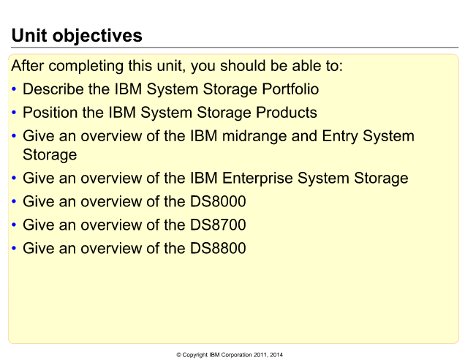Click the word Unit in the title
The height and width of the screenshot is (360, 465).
29,36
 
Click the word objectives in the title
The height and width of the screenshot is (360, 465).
97,37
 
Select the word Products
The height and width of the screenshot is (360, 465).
287,113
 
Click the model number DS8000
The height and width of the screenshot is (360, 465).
218,201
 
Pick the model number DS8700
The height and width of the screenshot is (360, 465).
218,225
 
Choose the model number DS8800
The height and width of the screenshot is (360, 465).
218,248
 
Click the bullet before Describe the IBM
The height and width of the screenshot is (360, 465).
14,89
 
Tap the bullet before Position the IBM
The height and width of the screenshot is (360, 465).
14,112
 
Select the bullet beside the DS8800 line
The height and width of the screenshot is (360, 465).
14,248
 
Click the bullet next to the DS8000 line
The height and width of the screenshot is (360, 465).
14,201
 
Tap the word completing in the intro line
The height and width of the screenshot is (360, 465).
86,66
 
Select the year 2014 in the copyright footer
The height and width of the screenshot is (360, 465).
276,355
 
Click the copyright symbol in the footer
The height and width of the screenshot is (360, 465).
179,355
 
